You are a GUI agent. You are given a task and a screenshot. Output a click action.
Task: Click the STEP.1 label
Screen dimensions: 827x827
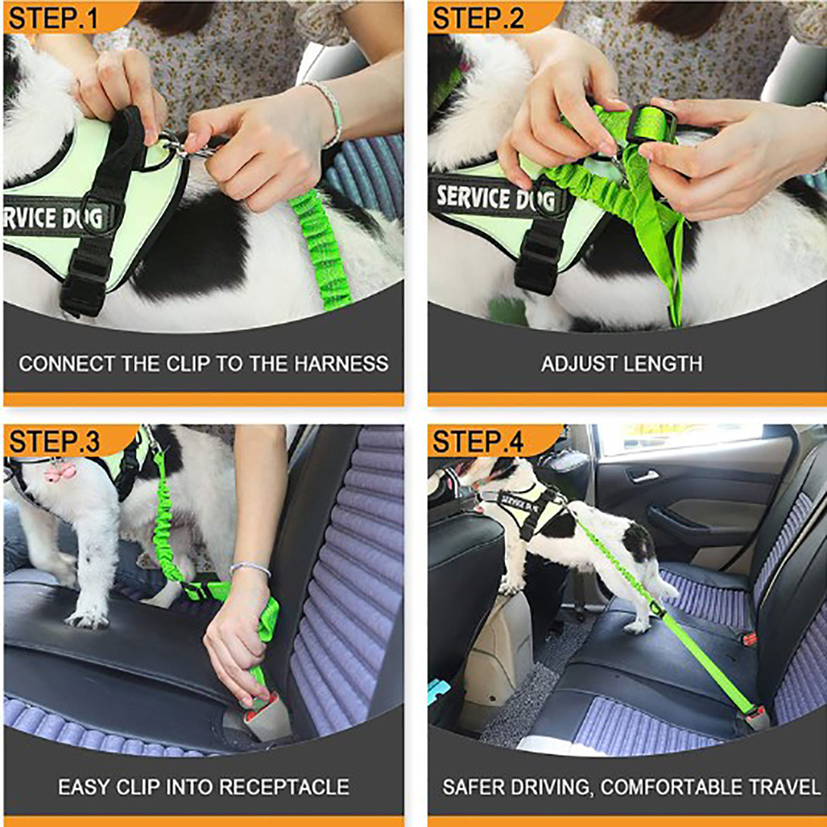[54, 18]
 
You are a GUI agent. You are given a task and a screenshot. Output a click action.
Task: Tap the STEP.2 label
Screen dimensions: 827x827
[478, 18]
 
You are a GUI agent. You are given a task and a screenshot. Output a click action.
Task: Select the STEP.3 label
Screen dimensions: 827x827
[54, 442]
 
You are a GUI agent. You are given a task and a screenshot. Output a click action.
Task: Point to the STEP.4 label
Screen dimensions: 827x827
[478, 442]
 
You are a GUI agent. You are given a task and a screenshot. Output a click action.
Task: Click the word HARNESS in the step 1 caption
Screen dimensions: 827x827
[341, 364]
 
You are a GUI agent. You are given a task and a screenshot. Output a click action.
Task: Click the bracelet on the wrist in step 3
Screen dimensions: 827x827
[250, 568]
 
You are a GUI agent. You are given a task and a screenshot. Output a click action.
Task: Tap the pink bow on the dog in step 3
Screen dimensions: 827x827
[59, 471]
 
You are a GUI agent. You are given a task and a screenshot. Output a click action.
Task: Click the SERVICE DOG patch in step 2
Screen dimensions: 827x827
[496, 198]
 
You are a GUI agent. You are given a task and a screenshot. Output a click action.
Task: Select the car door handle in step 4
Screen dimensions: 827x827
[643, 475]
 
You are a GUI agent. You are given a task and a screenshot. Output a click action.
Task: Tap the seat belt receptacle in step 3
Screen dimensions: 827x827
[265, 718]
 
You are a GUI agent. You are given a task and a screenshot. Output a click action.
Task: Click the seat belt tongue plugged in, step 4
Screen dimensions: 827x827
[758, 717]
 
